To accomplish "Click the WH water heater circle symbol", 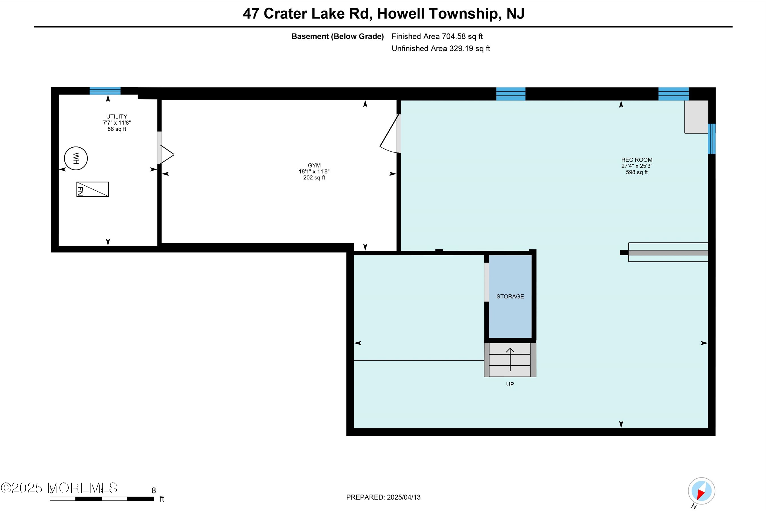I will click(76, 158).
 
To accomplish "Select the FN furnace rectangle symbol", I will click(92, 189).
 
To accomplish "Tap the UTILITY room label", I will click(117, 116).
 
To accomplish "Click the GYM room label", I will click(314, 165).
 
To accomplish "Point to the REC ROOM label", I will click(636, 160).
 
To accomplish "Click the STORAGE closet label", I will click(510, 296).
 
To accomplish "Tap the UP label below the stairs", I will click(510, 384).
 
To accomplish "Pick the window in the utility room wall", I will click(105, 91).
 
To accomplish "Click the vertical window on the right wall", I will click(712, 139).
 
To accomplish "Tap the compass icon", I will click(701, 491).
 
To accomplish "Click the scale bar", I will click(102, 499).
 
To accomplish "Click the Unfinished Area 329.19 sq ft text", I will click(440, 48).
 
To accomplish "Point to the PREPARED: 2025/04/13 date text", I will click(383, 497).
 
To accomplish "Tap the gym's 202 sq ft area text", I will click(314, 178).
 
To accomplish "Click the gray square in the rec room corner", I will click(696, 117).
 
